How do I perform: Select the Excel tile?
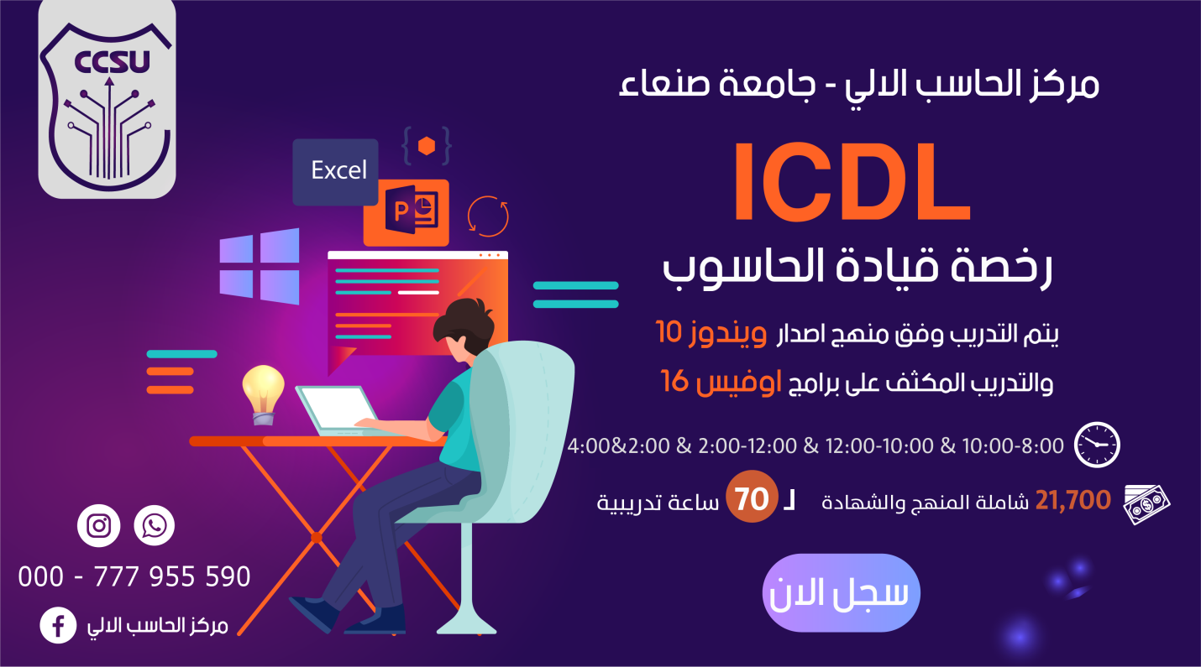coord(336,171)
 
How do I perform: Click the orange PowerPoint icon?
coord(406,212)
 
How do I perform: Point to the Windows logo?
coord(260,267)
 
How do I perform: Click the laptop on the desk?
coord(332,410)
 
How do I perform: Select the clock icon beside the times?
coord(1098,445)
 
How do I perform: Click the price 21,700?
coord(1073,501)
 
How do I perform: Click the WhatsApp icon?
coord(155,526)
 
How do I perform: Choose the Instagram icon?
coord(99,526)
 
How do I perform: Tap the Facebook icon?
coord(58,625)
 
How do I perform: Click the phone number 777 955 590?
coord(171,576)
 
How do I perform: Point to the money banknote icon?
coord(1147,503)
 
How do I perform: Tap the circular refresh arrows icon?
coord(488,216)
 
